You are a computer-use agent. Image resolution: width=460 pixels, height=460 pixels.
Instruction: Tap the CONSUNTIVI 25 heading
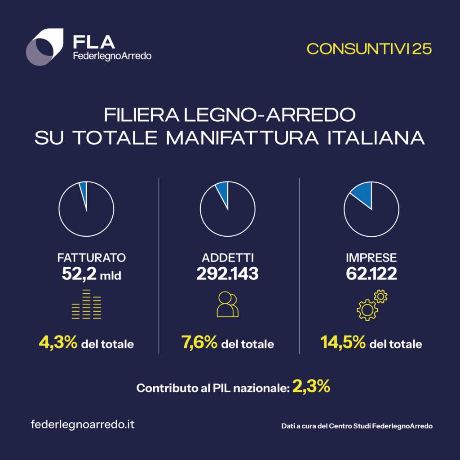coord(369,49)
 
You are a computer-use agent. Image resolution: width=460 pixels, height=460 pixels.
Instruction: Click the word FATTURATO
coord(92,258)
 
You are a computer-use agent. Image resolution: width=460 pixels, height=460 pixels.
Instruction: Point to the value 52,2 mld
coord(92,274)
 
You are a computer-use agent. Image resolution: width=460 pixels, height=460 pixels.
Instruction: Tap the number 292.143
coord(228,274)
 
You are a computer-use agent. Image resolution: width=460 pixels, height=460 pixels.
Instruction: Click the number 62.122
coord(372,274)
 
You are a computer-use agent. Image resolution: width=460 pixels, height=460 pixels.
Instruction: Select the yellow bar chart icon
coord(87,305)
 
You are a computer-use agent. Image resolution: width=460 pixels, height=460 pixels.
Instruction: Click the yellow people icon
coord(228,305)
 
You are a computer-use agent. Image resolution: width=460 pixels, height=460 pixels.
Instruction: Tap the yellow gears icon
coord(372,305)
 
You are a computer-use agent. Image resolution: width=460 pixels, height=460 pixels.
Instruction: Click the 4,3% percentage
coord(58,344)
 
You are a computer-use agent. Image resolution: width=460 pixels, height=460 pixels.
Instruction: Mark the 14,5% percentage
coord(343,344)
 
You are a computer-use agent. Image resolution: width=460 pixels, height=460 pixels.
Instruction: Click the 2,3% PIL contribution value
coord(311,386)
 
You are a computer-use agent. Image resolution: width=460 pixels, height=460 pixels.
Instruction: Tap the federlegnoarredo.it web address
coord(83,425)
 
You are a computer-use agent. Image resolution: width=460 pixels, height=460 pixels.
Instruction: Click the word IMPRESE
coord(372,258)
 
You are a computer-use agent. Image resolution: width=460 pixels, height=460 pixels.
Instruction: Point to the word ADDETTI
coord(228,258)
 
